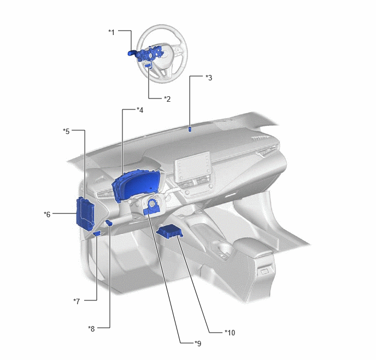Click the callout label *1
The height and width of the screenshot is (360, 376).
coord(111,32)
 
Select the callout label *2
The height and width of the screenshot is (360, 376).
coord(167,99)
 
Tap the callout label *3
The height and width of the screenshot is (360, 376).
coord(209,78)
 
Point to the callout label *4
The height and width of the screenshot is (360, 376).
coord(140,110)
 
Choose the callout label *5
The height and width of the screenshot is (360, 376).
coord(66,131)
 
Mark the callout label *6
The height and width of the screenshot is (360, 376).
coord(47,214)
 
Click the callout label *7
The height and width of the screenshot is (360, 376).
coord(77,301)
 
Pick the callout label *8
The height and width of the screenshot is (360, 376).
coord(91,329)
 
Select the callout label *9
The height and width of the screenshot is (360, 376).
coord(198,344)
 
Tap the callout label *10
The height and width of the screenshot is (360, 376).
coord(230,333)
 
